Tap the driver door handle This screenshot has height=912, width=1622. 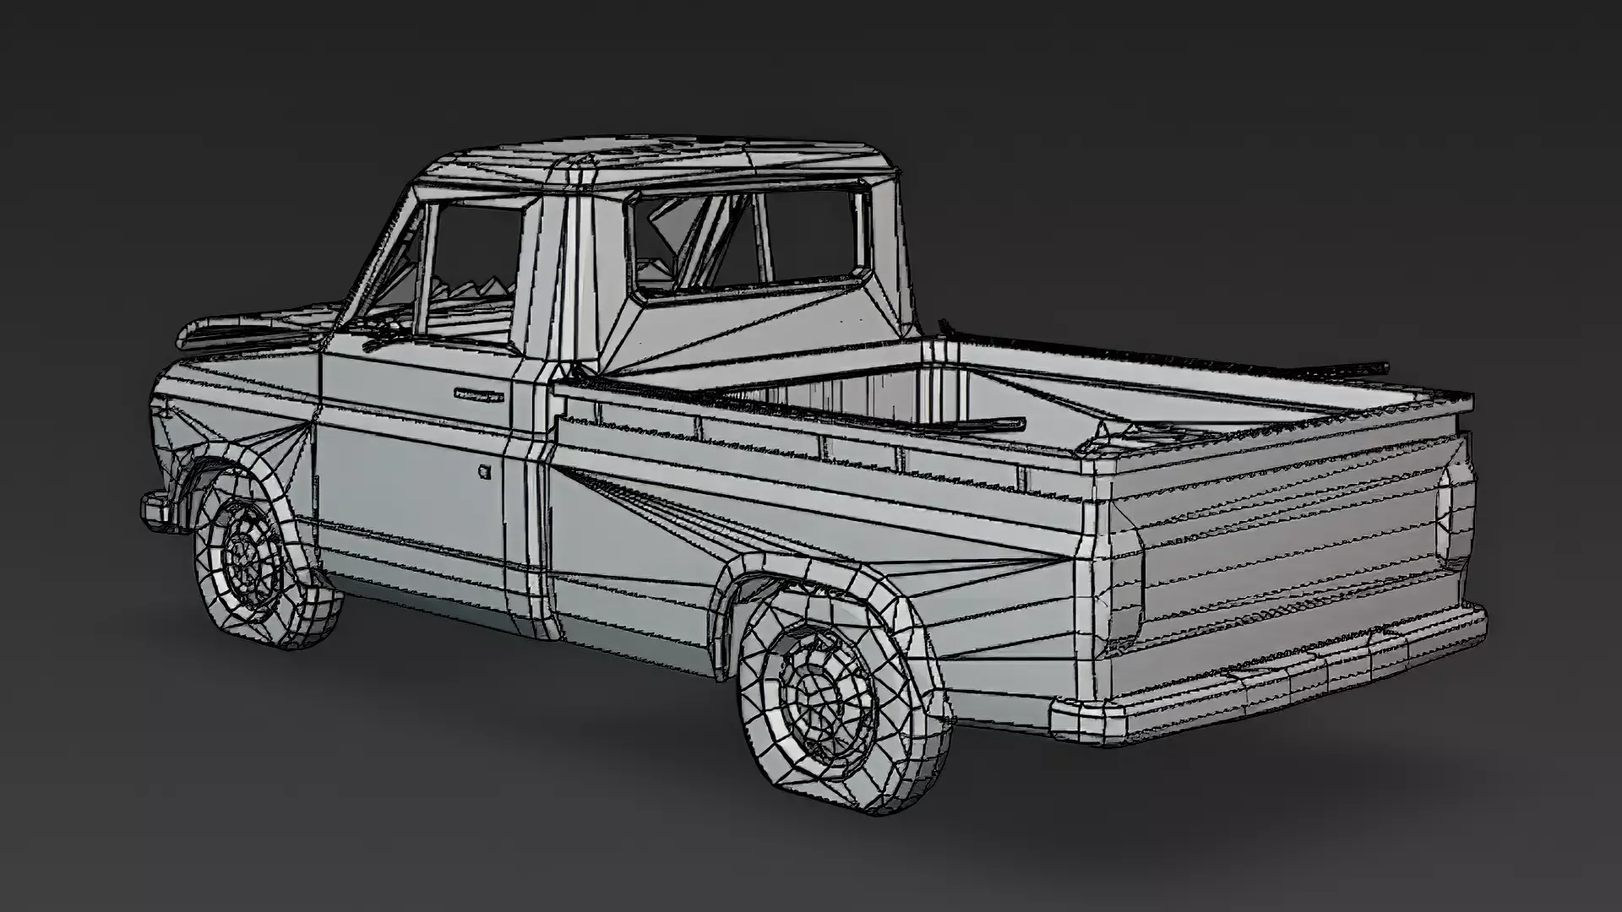(x=478, y=394)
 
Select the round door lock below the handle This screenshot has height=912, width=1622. (x=484, y=471)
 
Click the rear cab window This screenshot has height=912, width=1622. (x=752, y=241)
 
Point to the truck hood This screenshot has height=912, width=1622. (x=253, y=325)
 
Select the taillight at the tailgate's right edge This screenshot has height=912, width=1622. (x=1455, y=515)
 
